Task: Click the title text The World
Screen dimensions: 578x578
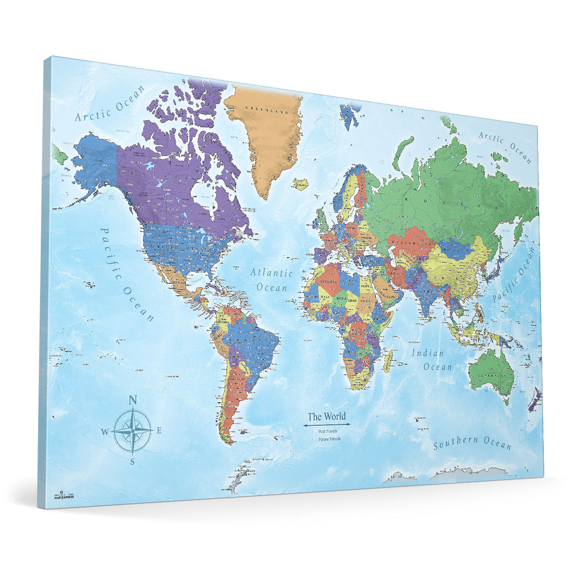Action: tap(327, 416)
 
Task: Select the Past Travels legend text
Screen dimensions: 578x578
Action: tap(328, 431)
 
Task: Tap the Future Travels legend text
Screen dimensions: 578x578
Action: tap(329, 439)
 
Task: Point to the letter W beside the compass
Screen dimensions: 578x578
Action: tap(105, 431)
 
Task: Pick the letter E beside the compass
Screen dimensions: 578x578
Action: tap(159, 431)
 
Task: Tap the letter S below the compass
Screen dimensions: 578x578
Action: tap(132, 461)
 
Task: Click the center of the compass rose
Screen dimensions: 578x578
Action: tap(132, 430)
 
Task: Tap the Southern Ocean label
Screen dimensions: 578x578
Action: tap(472, 442)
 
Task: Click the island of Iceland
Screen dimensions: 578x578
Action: tap(301, 183)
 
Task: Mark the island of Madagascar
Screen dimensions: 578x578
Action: tap(388, 361)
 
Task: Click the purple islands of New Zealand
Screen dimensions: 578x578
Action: tap(536, 400)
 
